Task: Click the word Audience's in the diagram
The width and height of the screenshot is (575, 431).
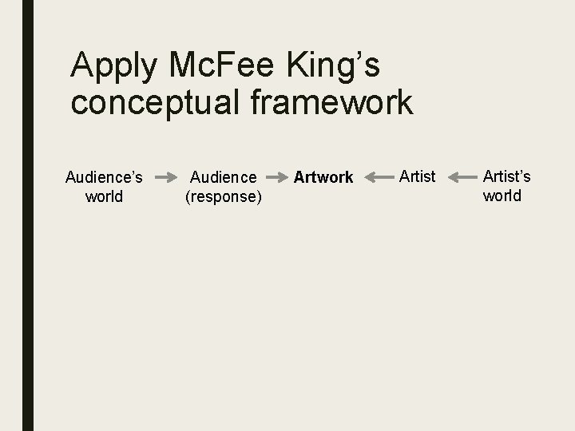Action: pyautogui.click(x=104, y=176)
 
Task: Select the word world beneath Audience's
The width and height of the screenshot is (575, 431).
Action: pyautogui.click(x=104, y=196)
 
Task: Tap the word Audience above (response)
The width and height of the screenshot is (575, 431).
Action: pyautogui.click(x=223, y=176)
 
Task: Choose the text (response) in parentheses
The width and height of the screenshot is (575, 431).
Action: pyautogui.click(x=223, y=196)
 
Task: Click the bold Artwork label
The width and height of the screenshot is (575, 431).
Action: pyautogui.click(x=323, y=176)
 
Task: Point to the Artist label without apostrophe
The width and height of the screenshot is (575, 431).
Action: pyautogui.click(x=417, y=176)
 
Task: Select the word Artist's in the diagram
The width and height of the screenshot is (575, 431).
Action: pyautogui.click(x=506, y=176)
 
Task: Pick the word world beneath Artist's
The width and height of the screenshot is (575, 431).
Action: pyautogui.click(x=502, y=195)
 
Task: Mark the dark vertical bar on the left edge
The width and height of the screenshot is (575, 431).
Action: pyautogui.click(x=28, y=215)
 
